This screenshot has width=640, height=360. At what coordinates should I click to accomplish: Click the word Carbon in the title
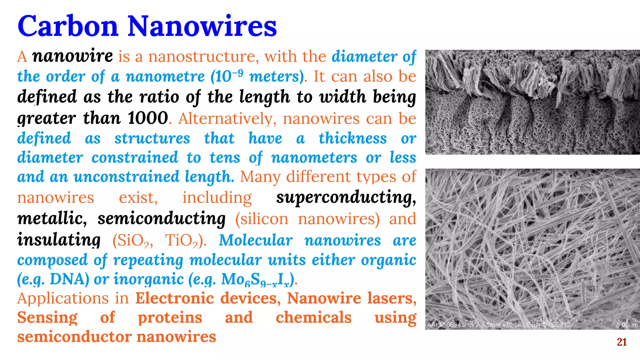tap(68, 26)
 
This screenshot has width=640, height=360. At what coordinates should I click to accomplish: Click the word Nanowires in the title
tap(202, 26)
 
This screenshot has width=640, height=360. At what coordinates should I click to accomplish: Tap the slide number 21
tap(622, 342)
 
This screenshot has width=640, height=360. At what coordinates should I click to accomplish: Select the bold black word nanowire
tap(72, 56)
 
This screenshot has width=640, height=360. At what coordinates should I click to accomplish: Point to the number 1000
tap(148, 118)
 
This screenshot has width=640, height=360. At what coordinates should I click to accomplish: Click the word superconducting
tap(346, 197)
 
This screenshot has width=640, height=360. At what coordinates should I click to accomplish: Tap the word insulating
tap(59, 240)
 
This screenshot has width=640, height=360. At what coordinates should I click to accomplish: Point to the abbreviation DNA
tap(69, 279)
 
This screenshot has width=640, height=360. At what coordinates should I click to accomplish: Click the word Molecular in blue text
tap(256, 240)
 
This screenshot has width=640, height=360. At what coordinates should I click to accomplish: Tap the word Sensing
tap(47, 318)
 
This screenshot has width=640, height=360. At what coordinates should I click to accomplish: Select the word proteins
tap(170, 318)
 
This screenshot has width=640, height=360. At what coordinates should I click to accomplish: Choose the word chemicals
tap(313, 317)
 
